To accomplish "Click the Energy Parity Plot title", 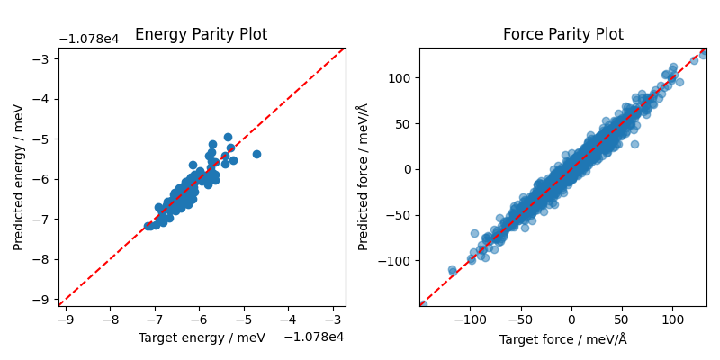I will pyautogui.click(x=201, y=35).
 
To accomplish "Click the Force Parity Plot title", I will pyautogui.click(x=562, y=35).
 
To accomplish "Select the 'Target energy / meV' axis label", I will pyautogui.click(x=202, y=337).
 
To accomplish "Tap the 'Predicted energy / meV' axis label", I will pyautogui.click(x=19, y=176).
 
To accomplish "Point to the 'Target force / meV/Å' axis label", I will pyautogui.click(x=562, y=338).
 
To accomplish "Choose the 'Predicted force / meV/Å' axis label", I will pyautogui.click(x=364, y=176).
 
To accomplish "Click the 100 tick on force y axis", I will pyautogui.click(x=399, y=77).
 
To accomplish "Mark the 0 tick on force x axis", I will pyautogui.click(x=571, y=319).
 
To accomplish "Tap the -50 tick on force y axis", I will pyautogui.click(x=399, y=215).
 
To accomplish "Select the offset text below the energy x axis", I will pyautogui.click(x=314, y=337).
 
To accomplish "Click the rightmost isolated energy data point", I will pyautogui.click(x=256, y=154).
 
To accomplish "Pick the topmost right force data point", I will pyautogui.click(x=704, y=54).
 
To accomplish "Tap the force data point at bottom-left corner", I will pyautogui.click(x=422, y=305).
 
